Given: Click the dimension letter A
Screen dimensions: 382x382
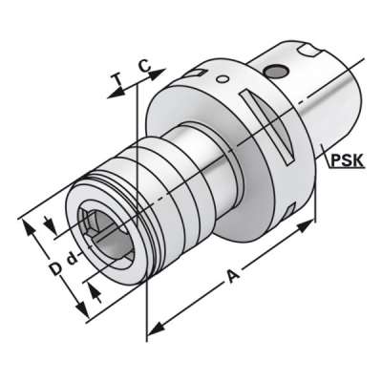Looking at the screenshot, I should [231, 278].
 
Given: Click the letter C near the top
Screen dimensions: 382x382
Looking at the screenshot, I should [142, 66].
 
